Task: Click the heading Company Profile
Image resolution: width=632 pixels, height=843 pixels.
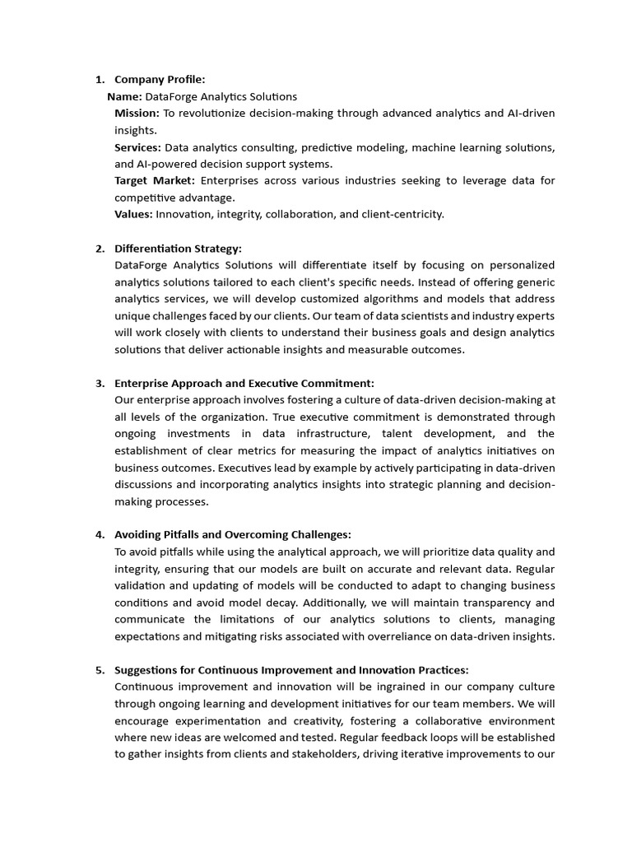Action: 160,80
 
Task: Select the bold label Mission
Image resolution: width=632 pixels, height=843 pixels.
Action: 137,114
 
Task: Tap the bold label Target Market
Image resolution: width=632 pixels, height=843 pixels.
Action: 155,180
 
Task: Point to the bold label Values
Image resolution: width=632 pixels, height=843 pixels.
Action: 133,214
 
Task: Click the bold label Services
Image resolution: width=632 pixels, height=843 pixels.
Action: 137,147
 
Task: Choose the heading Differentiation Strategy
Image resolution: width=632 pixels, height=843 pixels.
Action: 178,249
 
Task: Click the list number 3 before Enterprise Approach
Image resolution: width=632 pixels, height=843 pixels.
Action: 100,383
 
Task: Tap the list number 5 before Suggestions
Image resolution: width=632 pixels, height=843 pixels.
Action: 100,670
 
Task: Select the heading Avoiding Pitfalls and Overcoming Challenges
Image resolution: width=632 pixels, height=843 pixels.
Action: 233,535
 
